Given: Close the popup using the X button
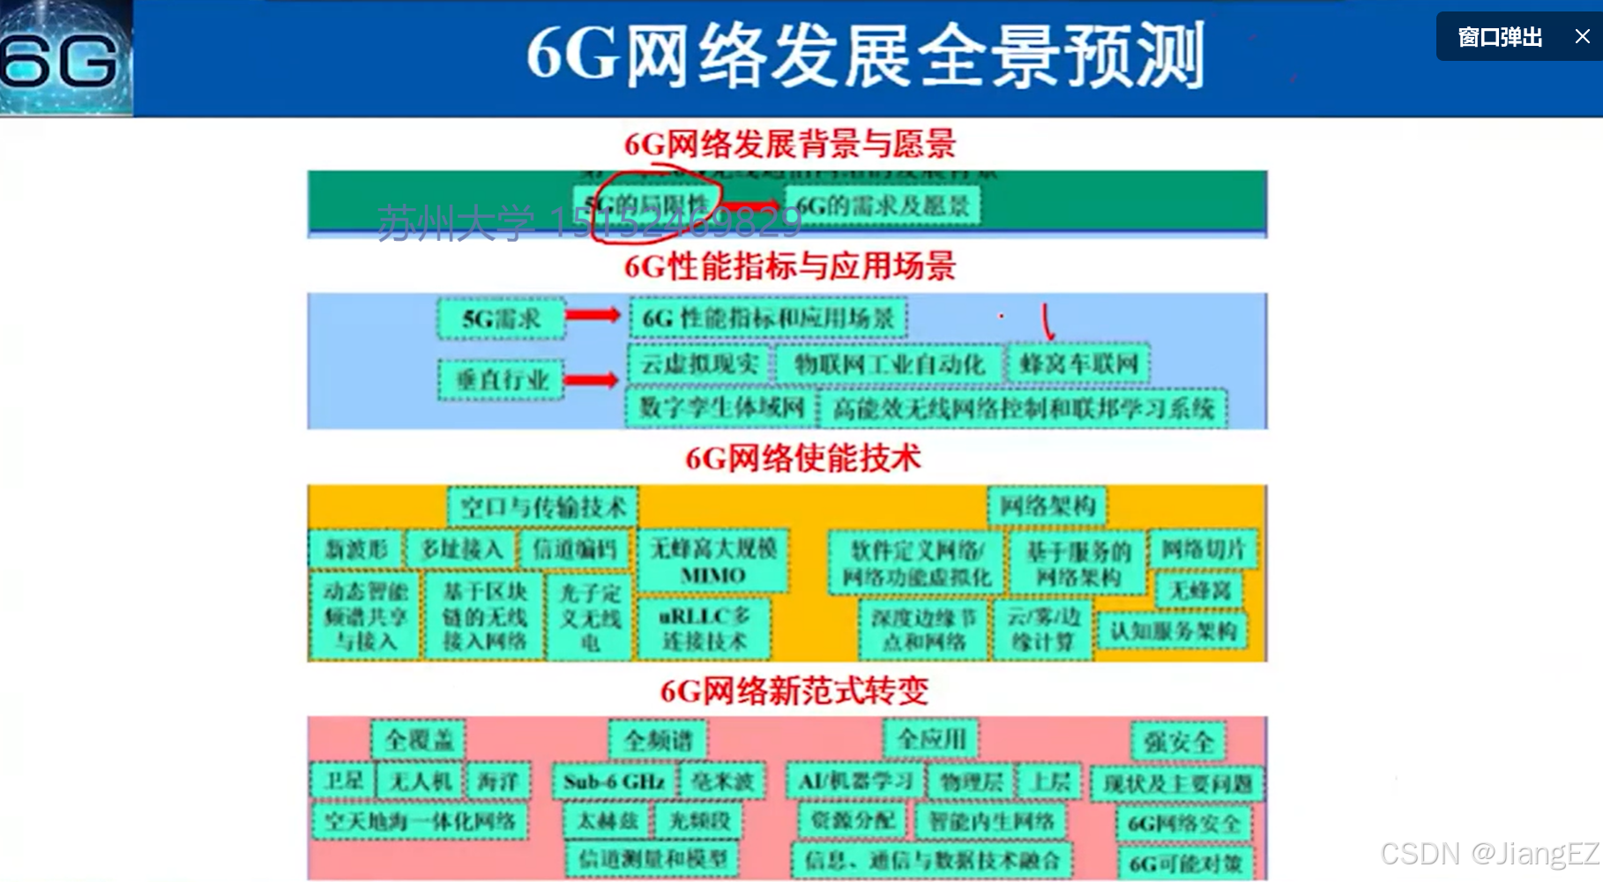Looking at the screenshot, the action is [1582, 37].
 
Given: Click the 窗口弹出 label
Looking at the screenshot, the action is [1500, 37].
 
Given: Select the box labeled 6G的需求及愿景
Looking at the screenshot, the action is [883, 206].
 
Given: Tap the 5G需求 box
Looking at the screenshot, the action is [501, 318].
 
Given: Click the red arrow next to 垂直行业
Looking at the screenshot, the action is [591, 380].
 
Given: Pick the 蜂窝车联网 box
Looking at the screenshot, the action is [1078, 363].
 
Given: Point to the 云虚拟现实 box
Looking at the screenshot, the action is [699, 363].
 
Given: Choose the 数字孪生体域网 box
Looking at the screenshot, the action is [721, 407].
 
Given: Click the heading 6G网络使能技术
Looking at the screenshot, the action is [802, 458].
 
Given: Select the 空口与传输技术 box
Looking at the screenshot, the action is [542, 507].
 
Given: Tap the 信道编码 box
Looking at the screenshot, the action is [575, 549].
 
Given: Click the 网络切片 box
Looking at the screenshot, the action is [1203, 549].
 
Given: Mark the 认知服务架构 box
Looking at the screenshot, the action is [1173, 631].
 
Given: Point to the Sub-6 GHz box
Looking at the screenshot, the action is [614, 781].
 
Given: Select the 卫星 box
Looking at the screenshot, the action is [343, 781].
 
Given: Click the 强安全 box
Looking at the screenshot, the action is [1179, 742].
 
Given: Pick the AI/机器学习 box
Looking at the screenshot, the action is [855, 781].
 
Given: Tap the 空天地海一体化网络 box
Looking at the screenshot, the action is [420, 821].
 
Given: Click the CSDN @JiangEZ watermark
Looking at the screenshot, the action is [1488, 853].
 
